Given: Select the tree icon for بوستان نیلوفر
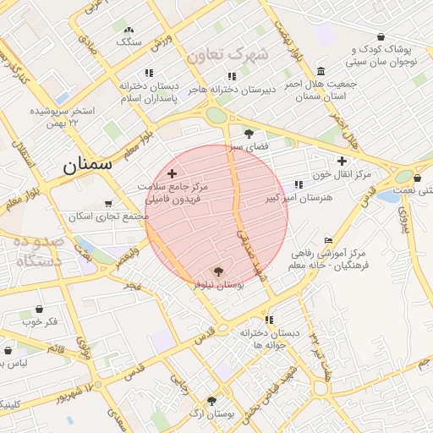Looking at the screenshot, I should (x=219, y=271).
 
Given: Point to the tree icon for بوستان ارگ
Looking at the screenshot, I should (x=211, y=401).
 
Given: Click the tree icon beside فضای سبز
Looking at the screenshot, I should (x=249, y=133).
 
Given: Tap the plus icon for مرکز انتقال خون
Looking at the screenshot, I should (x=342, y=161).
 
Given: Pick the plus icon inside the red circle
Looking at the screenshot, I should (x=173, y=173).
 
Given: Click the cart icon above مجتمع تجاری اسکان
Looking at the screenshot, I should (x=107, y=204).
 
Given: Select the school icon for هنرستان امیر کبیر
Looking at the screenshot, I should (x=299, y=184).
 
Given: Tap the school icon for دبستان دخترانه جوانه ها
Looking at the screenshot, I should (x=269, y=320).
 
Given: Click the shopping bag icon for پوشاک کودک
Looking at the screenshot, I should (x=381, y=37).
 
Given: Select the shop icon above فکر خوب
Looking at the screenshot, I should (x=39, y=309).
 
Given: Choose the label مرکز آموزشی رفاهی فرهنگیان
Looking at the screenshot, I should (x=331, y=259).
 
